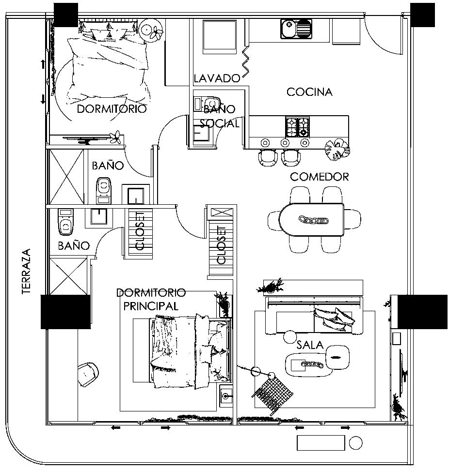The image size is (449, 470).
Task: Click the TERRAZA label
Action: coord(26,272)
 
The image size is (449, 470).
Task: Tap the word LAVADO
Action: coord(217,78)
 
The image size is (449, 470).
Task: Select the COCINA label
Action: coord(309,92)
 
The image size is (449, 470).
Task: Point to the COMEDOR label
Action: coord(319,177)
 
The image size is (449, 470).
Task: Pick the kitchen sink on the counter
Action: coord(296,28)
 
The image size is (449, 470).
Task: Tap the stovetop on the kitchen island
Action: coord(297,127)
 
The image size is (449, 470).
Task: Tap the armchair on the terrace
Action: coord(88,373)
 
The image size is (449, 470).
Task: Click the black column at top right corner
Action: coord(422,15)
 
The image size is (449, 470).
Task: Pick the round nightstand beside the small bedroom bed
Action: coord(150,30)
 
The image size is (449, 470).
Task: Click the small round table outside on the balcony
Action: coord(356,442)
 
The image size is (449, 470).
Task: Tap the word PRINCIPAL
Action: coord(150,306)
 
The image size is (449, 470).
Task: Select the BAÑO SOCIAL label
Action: coord(220,116)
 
